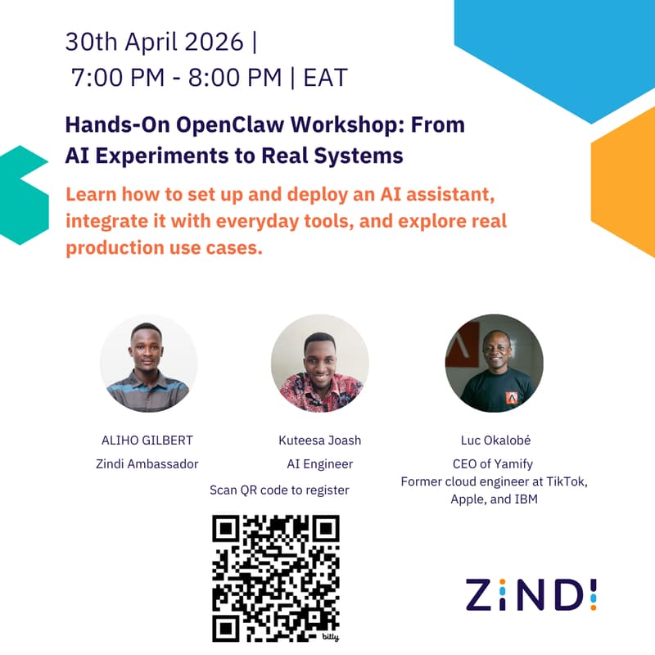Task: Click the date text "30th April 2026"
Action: pyautogui.click(x=155, y=41)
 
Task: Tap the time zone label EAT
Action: pyautogui.click(x=325, y=78)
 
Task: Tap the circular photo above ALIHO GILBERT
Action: pyautogui.click(x=148, y=363)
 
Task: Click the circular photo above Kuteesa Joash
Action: pyautogui.click(x=319, y=363)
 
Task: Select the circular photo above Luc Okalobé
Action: pyautogui.click(x=494, y=363)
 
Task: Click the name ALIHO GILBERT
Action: pyautogui.click(x=148, y=440)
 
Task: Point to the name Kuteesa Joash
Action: pyautogui.click(x=319, y=440)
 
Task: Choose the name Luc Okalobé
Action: pyautogui.click(x=494, y=440)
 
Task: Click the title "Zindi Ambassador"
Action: pyautogui.click(x=148, y=464)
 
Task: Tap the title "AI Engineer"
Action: pyautogui.click(x=319, y=464)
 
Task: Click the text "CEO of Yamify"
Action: pyautogui.click(x=494, y=464)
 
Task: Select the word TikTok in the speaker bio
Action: pyautogui.click(x=564, y=481)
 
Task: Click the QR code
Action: pyautogui.click(x=275, y=578)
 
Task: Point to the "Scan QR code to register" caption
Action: pyautogui.click(x=279, y=490)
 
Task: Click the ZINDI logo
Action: pyautogui.click(x=531, y=594)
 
